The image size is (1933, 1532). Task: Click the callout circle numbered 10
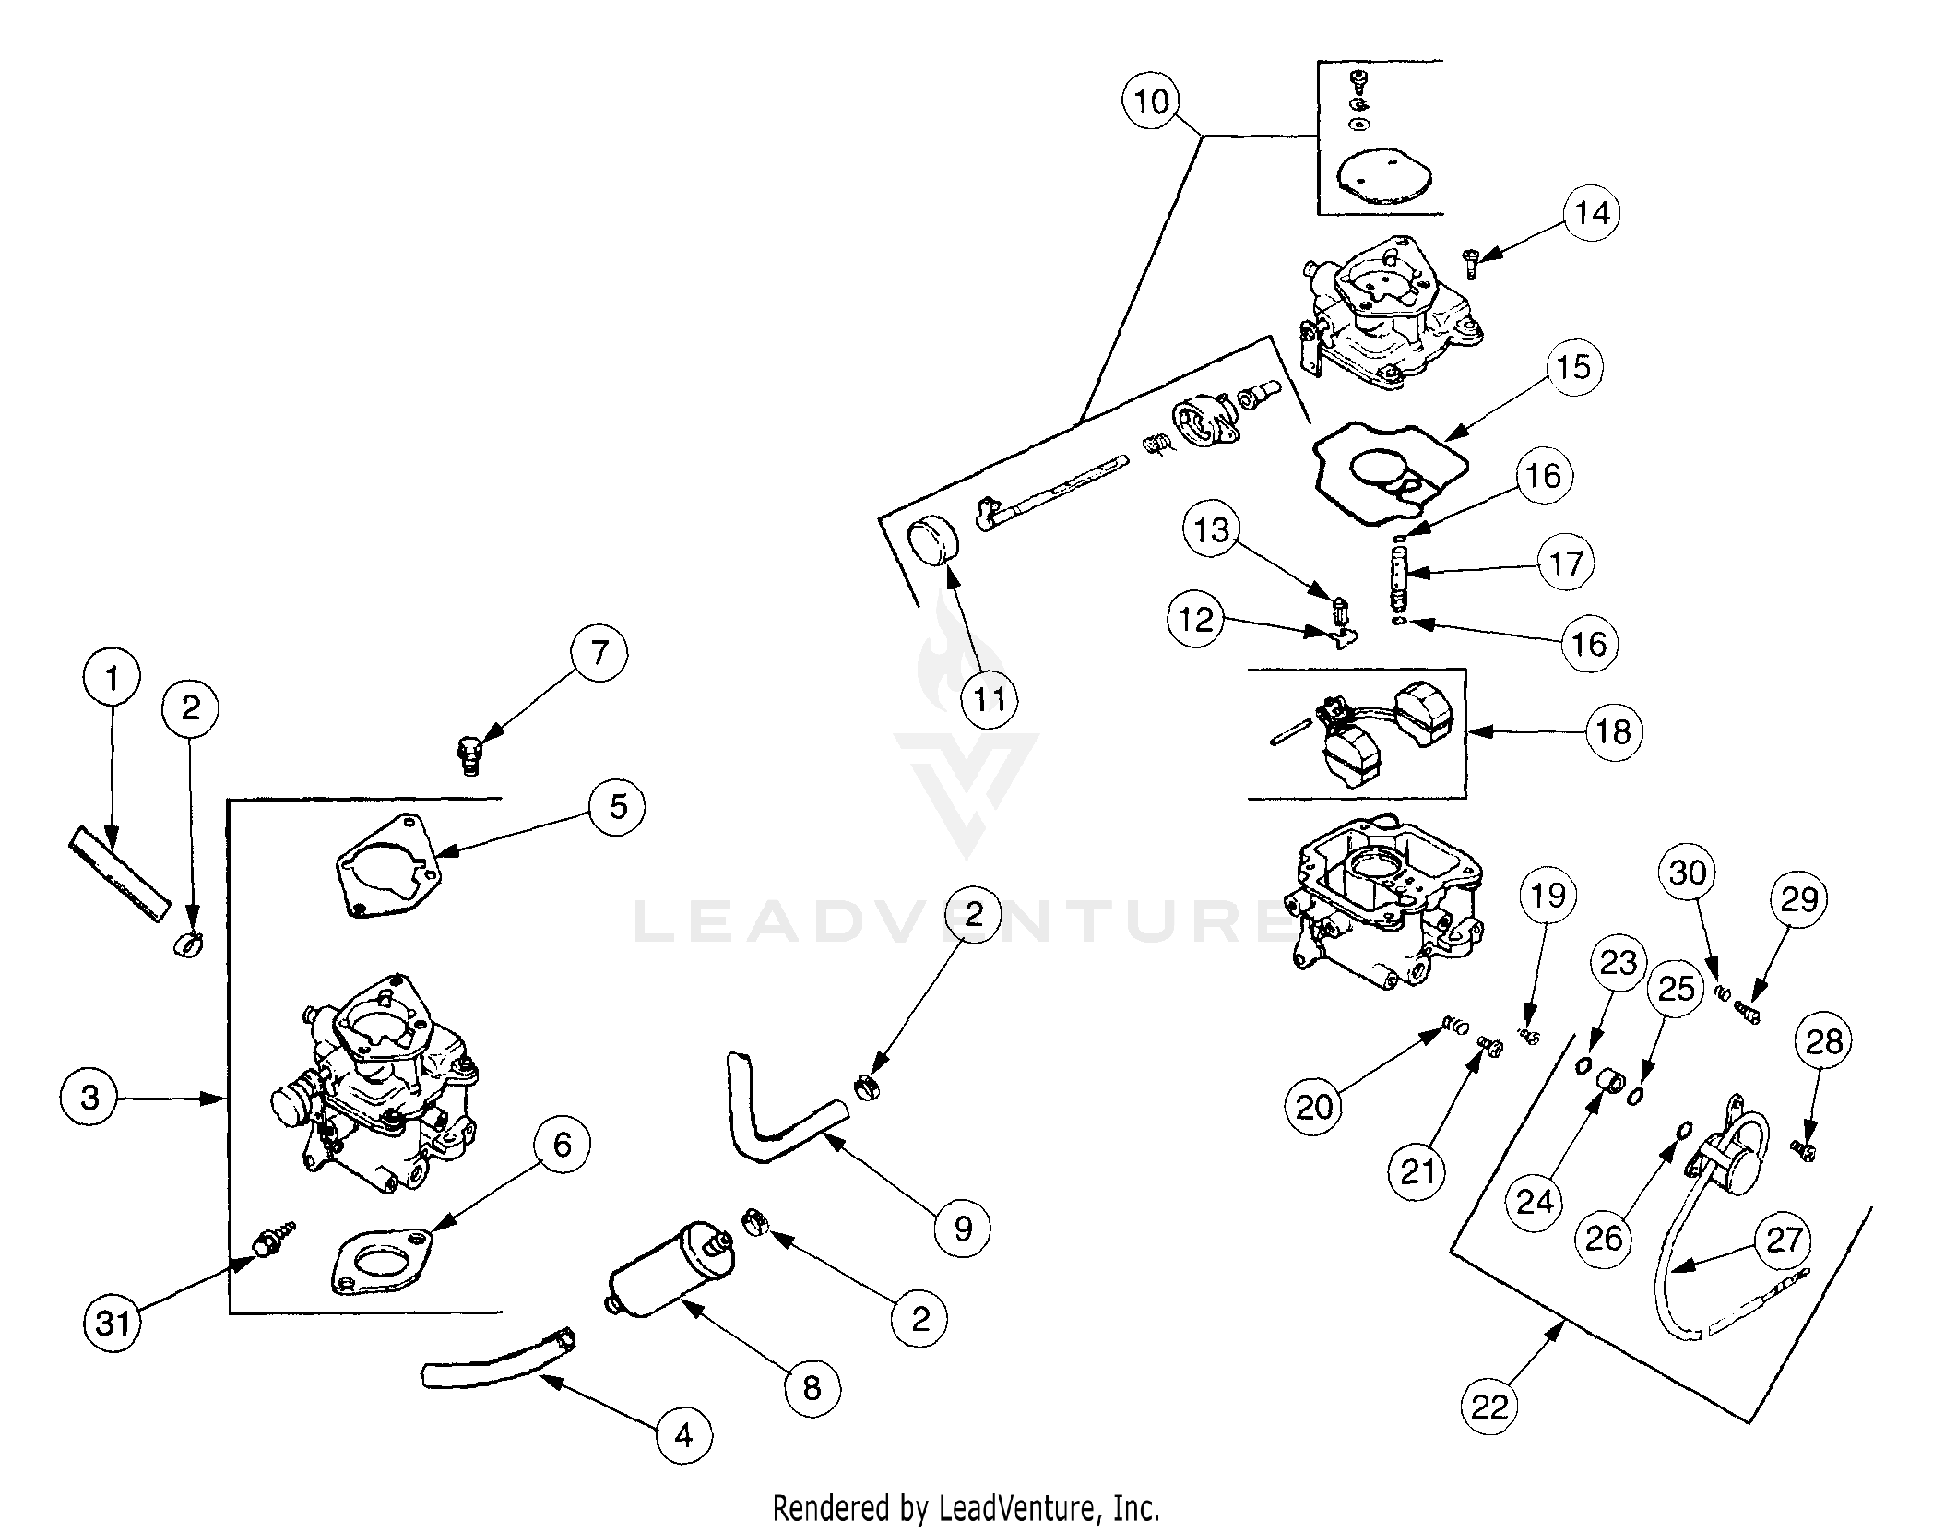click(x=1152, y=101)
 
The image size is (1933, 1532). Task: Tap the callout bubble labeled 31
click(x=113, y=1324)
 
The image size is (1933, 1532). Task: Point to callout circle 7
click(x=599, y=652)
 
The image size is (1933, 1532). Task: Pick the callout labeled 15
click(x=1574, y=367)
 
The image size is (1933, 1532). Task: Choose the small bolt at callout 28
click(x=1801, y=1151)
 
